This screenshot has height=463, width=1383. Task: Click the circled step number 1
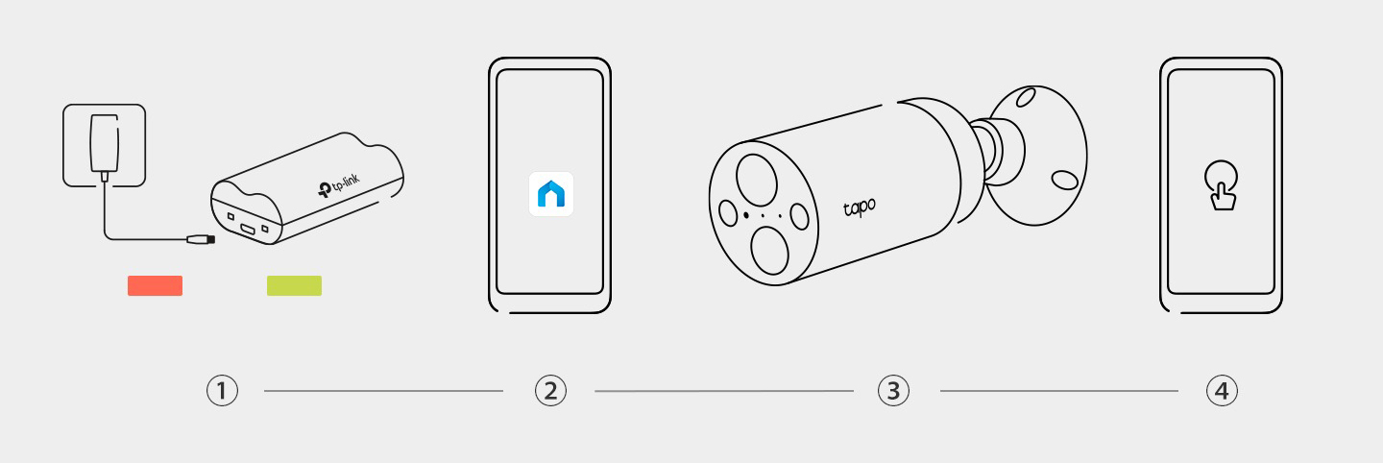click(222, 390)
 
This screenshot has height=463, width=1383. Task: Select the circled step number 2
click(550, 390)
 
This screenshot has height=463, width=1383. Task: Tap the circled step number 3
click(893, 390)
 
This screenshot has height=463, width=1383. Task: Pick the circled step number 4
click(1222, 390)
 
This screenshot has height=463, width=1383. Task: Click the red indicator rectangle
click(155, 286)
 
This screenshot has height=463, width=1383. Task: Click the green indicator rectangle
click(294, 286)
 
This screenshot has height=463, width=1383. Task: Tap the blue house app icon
click(550, 194)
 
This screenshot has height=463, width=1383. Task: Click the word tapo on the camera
click(860, 207)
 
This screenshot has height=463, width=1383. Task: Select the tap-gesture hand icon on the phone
click(1222, 185)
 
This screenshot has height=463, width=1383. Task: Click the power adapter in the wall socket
click(105, 144)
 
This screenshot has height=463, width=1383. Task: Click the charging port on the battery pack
click(248, 229)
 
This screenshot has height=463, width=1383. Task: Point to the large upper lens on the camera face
click(757, 180)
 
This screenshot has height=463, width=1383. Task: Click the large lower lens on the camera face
click(770, 250)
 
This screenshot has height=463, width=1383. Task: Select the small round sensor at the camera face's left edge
click(729, 213)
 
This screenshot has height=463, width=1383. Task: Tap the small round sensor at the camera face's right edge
click(799, 216)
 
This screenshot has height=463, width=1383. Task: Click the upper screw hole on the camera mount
click(1026, 98)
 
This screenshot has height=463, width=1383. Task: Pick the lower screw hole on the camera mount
click(1064, 180)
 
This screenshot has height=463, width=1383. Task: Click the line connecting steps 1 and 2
click(383, 391)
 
